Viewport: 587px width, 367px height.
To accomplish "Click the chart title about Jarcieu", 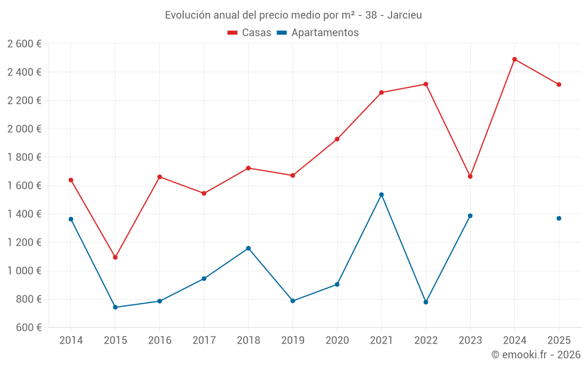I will tap(293, 15).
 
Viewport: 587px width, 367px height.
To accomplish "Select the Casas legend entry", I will tap(249, 33).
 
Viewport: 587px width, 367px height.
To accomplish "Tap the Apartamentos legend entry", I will tap(318, 33).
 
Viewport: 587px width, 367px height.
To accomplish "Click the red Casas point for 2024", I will tap(514, 59).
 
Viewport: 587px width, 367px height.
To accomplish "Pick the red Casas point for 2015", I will tap(115, 257).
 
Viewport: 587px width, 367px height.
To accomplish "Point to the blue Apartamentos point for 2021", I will tap(382, 194).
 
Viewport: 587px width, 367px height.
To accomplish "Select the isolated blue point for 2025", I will tap(559, 218).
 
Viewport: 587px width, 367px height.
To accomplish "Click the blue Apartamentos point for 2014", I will tap(71, 219).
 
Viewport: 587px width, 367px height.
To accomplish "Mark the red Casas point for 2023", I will tap(470, 176).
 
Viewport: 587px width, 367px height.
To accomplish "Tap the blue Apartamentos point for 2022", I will tap(426, 302).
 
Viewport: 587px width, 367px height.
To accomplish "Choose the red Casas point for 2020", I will tap(337, 139).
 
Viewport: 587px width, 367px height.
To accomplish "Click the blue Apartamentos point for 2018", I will tap(248, 248).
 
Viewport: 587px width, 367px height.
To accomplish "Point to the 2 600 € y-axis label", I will tap(24, 44).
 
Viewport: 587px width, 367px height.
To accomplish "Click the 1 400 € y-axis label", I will tap(24, 214).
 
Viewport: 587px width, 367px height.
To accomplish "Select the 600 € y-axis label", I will tap(28, 327).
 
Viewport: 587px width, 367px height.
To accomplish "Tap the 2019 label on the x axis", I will tap(292, 341).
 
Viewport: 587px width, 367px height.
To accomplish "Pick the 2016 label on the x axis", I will tap(160, 341).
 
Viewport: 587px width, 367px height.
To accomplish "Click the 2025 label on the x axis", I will tap(559, 341).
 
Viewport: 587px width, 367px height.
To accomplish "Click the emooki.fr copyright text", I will tap(535, 355).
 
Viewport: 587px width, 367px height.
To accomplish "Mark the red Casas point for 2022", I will tap(426, 84).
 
